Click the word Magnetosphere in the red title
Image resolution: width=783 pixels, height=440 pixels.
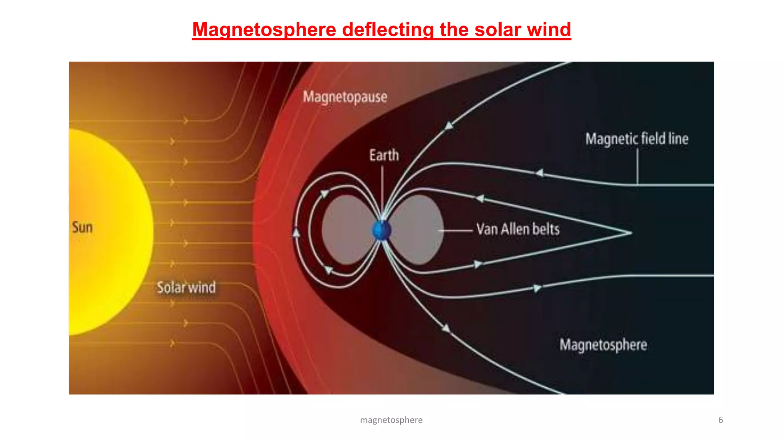click(x=264, y=30)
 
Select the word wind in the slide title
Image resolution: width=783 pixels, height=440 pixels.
click(x=549, y=30)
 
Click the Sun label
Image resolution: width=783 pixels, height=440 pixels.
click(x=82, y=227)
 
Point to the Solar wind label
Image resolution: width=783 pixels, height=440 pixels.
click(x=186, y=287)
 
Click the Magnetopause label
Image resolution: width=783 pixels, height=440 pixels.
click(x=345, y=97)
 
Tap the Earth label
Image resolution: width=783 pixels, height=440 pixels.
click(x=384, y=155)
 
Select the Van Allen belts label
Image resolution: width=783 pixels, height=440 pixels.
click(x=518, y=229)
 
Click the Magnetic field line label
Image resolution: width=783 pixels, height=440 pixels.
click(x=637, y=139)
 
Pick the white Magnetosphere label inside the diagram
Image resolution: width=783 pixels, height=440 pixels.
click(x=603, y=345)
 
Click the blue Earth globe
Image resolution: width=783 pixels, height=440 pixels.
click(x=381, y=231)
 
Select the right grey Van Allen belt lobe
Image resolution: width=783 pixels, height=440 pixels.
click(x=419, y=229)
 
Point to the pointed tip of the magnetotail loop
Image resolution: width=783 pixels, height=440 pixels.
click(x=630, y=232)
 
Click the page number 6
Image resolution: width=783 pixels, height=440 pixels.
click(x=720, y=420)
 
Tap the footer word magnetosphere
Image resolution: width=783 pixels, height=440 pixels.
click(x=391, y=420)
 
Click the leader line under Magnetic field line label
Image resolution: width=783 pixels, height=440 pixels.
click(x=637, y=166)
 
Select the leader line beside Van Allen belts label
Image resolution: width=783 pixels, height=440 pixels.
click(x=456, y=230)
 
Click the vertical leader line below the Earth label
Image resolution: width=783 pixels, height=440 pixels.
click(x=382, y=187)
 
